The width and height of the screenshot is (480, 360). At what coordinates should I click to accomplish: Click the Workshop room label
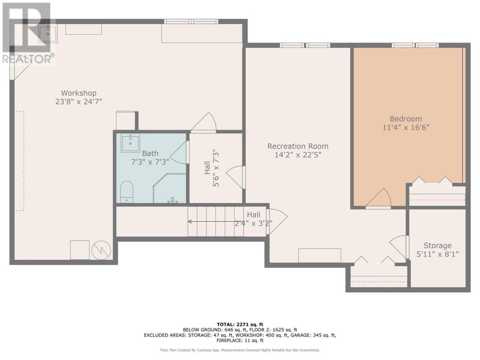pos(79,93)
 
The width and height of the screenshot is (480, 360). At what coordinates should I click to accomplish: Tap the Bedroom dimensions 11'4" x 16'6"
pos(406,127)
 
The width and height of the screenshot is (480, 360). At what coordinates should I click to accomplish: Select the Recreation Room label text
pos(298,146)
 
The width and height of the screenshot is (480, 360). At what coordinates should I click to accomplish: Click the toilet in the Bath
pos(127,192)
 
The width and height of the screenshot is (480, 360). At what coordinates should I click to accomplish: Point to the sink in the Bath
pos(130,143)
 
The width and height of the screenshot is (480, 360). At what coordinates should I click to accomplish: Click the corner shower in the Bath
pos(170,188)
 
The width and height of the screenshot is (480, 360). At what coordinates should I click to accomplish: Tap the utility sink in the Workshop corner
pos(48,33)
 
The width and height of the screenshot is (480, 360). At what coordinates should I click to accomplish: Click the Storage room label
pos(438,246)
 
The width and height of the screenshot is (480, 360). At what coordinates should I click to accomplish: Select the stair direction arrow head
pos(190,222)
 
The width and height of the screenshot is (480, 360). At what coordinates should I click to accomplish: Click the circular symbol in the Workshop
pos(101,250)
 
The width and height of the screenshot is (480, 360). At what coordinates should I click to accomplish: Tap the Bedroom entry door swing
pos(378,198)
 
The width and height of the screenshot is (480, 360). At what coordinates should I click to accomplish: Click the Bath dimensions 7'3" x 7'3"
pos(150,162)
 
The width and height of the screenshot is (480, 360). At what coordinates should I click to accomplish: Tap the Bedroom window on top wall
pos(415,45)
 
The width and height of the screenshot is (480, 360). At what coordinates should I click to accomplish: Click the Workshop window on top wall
pos(191,21)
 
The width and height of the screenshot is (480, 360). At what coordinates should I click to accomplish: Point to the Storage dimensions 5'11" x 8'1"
pos(438,254)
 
